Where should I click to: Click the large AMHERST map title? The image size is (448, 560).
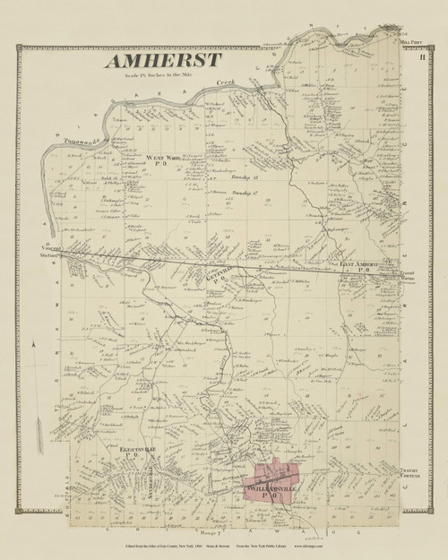click(x=162, y=60)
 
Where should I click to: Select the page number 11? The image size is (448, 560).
click(x=420, y=58)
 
